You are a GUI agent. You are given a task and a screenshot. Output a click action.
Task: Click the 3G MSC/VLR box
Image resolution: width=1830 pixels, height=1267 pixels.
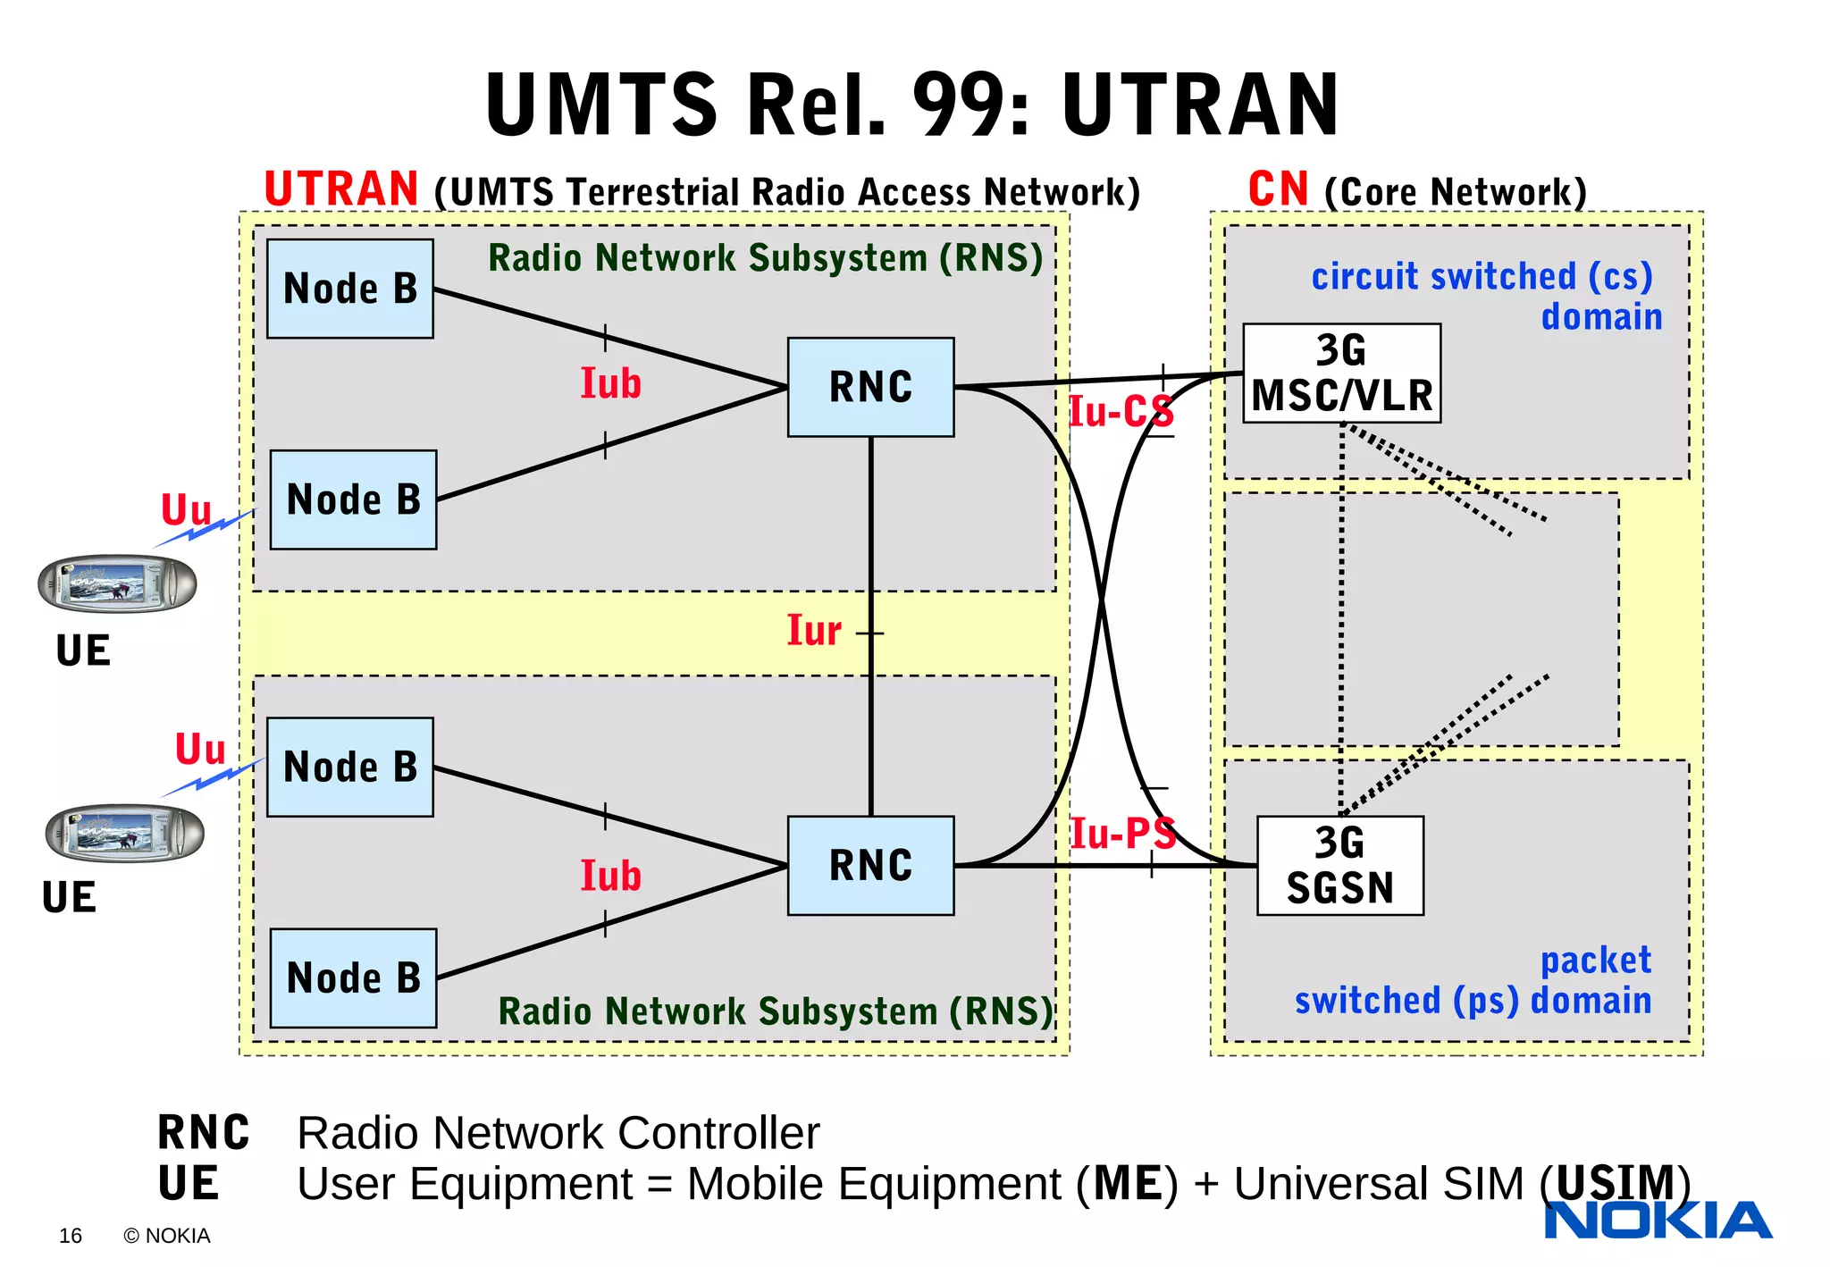coord(1341,373)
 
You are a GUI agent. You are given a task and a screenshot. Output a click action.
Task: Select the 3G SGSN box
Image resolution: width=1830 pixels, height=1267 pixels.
coord(1339,865)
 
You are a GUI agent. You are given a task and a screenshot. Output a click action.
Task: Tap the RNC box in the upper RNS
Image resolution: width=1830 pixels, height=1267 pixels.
coord(870,387)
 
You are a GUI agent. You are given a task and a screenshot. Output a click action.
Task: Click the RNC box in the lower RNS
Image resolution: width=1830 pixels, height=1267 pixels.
coord(870,865)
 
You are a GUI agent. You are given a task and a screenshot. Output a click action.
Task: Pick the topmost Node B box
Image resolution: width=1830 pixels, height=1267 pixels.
coord(350,288)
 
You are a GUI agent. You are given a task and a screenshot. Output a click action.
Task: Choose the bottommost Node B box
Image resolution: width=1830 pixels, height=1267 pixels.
coord(353,978)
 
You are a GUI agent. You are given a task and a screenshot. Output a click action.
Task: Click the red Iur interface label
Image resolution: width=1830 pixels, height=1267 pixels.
coord(813,631)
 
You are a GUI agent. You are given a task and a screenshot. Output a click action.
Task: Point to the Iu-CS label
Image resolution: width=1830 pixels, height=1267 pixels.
coord(1121,412)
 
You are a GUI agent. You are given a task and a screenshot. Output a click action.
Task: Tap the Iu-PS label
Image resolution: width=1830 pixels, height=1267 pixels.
coord(1122,834)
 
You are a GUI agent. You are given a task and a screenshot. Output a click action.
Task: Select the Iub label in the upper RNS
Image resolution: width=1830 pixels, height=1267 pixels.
coord(610,383)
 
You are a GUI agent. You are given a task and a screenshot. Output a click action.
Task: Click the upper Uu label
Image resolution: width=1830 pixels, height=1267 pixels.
coord(186,510)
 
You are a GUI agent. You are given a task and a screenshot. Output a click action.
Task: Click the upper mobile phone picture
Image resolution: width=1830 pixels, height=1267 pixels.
coord(117,584)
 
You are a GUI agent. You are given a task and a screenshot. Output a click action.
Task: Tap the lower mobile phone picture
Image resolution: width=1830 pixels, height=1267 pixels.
coord(124,833)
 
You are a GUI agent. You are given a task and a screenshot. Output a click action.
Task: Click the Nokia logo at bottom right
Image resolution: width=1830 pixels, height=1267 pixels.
coord(1658,1221)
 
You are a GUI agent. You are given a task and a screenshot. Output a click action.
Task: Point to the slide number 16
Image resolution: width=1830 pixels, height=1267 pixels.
coord(71,1236)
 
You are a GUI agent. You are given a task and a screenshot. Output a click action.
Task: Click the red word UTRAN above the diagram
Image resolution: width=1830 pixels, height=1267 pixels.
coord(341,189)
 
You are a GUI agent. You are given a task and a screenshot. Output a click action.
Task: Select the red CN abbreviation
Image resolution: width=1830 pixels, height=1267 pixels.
coord(1278,189)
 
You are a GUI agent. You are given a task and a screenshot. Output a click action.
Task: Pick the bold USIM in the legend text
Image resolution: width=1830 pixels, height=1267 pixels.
coord(1615,1183)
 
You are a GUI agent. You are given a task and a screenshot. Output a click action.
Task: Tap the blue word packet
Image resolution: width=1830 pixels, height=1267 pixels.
coord(1596,961)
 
